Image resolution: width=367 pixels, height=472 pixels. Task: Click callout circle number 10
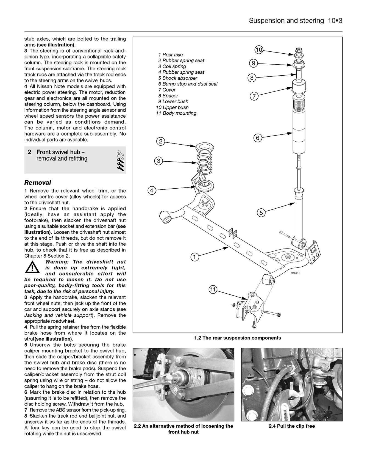(259, 50)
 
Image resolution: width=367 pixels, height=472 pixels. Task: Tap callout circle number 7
(254, 96)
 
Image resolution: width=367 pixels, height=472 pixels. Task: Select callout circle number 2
(160, 142)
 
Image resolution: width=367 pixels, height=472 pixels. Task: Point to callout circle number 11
(213, 289)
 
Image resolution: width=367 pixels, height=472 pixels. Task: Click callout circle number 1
(194, 257)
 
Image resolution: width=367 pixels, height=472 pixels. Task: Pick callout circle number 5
(261, 212)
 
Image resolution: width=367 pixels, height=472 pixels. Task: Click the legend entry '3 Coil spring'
(172, 66)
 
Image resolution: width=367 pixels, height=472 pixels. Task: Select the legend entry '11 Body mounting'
(176, 113)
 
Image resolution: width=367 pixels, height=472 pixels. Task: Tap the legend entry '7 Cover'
(167, 90)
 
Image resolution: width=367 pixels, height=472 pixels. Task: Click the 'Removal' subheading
(38, 183)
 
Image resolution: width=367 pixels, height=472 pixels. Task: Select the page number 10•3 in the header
(335, 21)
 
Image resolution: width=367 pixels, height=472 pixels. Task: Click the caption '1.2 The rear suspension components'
(238, 338)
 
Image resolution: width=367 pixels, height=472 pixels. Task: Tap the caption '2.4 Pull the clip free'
(292, 426)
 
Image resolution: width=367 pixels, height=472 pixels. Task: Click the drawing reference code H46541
(295, 273)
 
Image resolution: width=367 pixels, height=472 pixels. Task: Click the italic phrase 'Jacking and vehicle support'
(58, 315)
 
